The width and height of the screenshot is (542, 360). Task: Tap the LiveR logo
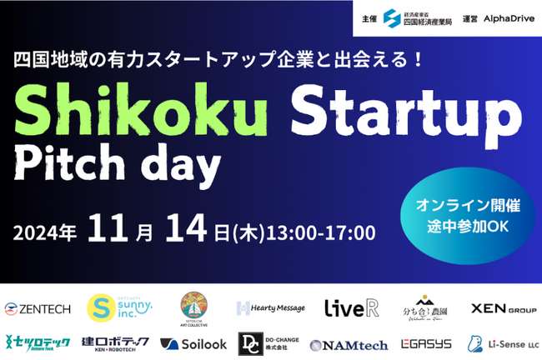pos(351,307)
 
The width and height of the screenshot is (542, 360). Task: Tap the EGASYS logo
pos(425,343)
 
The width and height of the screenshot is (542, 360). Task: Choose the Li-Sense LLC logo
pos(499,343)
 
